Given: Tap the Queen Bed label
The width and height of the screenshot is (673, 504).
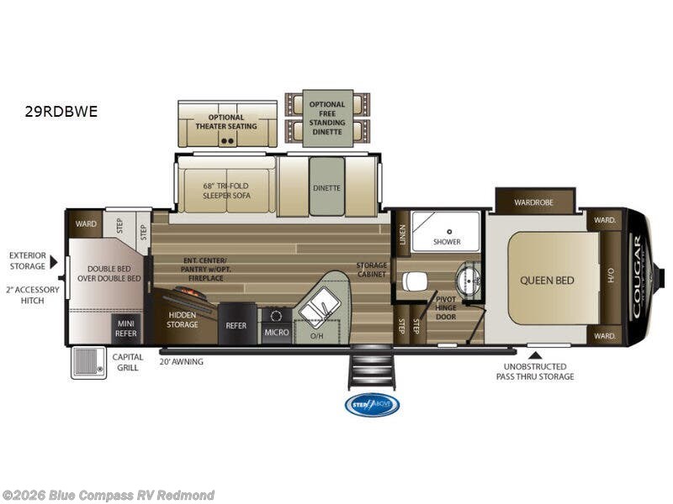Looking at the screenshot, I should [547, 280].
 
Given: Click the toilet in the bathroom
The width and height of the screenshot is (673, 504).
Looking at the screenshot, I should [414, 281].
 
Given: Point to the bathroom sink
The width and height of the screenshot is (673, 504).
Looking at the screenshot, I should [468, 276].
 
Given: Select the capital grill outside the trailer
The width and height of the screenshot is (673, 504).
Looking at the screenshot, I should [88, 362].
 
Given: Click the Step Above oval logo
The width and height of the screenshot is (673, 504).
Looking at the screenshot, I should [372, 405].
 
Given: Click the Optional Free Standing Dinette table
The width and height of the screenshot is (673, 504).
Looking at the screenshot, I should [327, 118].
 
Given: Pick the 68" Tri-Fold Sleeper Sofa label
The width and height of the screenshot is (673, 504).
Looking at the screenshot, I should [226, 190].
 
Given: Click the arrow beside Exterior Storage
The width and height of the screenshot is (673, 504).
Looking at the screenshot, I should [54, 262].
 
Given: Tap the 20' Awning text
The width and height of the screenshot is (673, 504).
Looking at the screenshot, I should [182, 362].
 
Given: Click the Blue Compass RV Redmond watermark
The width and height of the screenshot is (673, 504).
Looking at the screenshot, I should [109, 495].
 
